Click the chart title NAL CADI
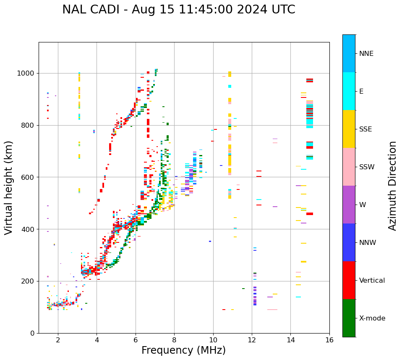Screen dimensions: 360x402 point(178,10)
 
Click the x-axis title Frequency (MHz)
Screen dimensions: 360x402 point(183,350)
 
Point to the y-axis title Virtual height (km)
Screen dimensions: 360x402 point(9,187)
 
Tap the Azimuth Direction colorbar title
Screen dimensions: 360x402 point(392,185)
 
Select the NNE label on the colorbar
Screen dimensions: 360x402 point(366,54)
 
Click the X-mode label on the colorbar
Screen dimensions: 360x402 point(372,318)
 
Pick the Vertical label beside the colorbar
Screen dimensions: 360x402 point(372,281)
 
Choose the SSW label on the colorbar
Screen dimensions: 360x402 point(367,167)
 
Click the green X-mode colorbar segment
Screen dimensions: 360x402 point(349,318)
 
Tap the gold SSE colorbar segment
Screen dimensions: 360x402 point(349,129)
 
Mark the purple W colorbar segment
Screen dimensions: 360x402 point(349,205)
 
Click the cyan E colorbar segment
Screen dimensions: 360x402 point(349,91)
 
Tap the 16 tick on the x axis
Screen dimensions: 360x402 point(329,340)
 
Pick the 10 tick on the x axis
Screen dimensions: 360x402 point(213,340)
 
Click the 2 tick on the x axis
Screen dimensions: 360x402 point(58,340)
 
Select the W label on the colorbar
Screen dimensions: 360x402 point(363,205)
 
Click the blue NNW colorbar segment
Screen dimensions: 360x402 point(349,242)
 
